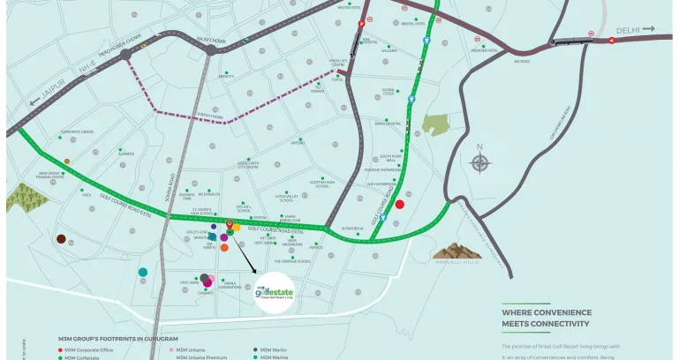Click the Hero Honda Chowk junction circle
(126, 54)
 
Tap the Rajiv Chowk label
(213, 40)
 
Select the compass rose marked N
(480, 161)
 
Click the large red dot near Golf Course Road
(399, 204)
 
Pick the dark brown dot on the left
(61, 239)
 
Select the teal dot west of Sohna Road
(143, 272)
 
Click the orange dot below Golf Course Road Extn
(224, 248)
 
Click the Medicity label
(226, 77)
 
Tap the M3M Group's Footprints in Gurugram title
(117, 339)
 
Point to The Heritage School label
(291, 261)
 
